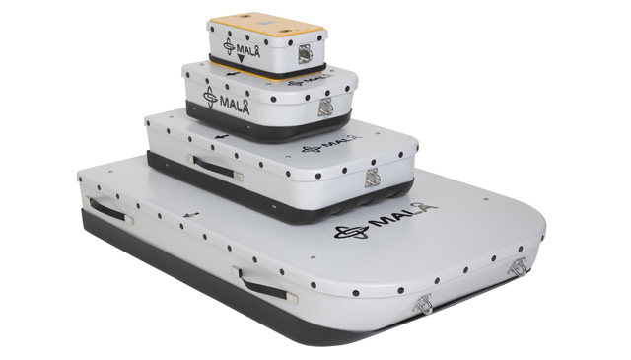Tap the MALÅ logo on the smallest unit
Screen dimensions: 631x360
242,48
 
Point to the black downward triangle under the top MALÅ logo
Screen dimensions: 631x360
241,59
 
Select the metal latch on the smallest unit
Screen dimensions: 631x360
305,54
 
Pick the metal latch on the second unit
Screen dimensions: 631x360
325,107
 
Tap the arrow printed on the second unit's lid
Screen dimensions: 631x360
233,74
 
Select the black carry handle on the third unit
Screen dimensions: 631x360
215,167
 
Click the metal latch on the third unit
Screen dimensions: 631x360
373,178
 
